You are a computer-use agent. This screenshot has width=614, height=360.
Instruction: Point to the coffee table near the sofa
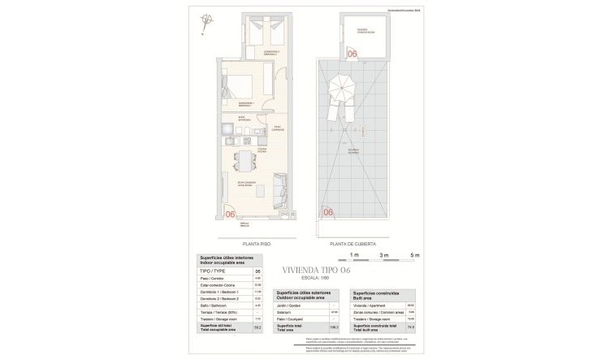pyautogui.click(x=259, y=192)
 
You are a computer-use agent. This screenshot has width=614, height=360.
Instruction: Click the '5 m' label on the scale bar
pyautogui.click(x=415, y=255)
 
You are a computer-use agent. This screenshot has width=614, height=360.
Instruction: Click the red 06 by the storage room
pyautogui.click(x=352, y=54)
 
